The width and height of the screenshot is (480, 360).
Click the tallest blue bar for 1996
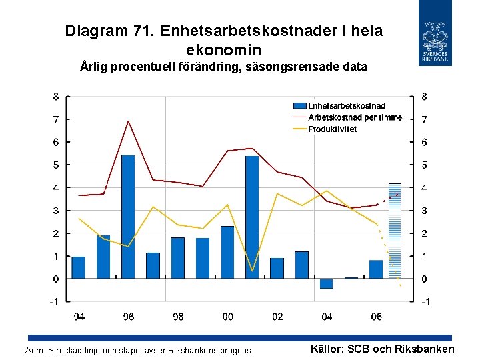click(x=128, y=217)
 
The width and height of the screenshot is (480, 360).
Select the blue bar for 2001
click(x=252, y=217)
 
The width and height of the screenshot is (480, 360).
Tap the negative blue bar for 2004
click(x=326, y=283)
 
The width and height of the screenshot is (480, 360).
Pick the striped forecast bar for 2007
click(x=395, y=230)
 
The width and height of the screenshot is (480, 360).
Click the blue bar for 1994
click(x=79, y=267)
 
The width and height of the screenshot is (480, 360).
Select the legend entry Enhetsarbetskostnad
click(x=346, y=105)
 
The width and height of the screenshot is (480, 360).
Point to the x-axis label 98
click(x=178, y=317)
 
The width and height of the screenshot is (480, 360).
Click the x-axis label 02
click(x=277, y=317)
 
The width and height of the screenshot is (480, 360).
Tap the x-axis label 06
click(x=376, y=317)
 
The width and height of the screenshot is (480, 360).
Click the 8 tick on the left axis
click(x=57, y=96)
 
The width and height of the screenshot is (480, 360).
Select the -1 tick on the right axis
click(x=425, y=302)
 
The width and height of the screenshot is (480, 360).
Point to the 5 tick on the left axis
click(x=57, y=165)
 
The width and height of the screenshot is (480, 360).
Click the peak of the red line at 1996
click(x=128, y=121)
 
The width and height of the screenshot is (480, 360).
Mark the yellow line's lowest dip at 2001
click(x=252, y=271)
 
